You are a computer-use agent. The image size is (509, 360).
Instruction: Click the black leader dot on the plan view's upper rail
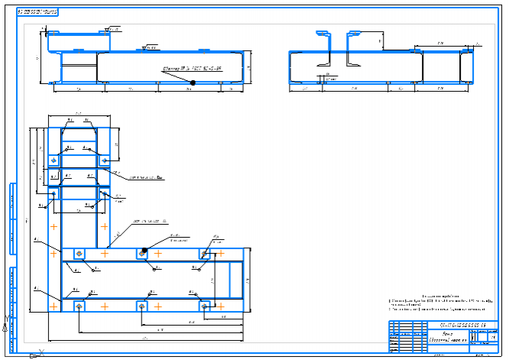(x=144, y=251)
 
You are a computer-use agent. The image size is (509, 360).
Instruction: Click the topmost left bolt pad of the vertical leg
(x=53, y=161)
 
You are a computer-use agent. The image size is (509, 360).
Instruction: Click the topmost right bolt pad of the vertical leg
(x=104, y=161)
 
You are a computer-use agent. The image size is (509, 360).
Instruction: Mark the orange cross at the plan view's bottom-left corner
(x=53, y=305)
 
